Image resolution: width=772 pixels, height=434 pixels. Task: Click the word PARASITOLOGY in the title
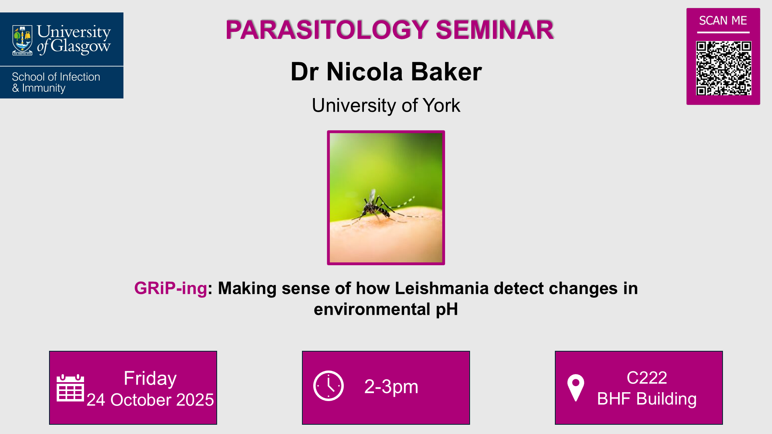327,30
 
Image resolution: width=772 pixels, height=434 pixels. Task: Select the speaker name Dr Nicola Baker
386,72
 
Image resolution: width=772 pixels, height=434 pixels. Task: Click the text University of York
386,105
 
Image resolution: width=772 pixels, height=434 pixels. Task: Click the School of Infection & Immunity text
56,82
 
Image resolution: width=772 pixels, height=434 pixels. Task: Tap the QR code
723,68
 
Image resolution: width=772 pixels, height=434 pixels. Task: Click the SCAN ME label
723,20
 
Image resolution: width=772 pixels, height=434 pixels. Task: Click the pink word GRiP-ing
170,289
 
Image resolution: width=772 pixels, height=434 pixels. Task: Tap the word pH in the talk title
447,309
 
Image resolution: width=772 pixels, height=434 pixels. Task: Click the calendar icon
70,388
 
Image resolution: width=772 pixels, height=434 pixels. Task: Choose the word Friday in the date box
150,378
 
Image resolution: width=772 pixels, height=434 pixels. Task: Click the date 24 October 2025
150,400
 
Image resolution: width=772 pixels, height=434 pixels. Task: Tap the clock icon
329,386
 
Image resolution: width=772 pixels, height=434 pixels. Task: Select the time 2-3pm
391,387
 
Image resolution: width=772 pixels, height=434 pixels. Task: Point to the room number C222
647,378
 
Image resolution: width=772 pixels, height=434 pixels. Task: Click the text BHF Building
647,399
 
